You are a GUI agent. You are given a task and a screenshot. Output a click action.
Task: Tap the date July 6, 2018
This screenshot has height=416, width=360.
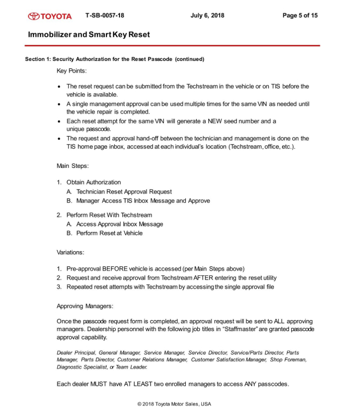pyautogui.click(x=208, y=15)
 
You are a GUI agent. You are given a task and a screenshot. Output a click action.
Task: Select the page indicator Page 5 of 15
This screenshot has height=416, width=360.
pyautogui.click(x=300, y=15)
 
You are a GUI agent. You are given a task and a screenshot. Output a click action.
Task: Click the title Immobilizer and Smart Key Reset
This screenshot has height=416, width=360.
pyautogui.click(x=89, y=34)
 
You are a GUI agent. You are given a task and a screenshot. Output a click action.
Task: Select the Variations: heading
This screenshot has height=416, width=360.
pyautogui.click(x=70, y=252)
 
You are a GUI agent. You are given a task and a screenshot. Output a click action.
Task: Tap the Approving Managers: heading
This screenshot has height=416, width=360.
pyautogui.click(x=85, y=305)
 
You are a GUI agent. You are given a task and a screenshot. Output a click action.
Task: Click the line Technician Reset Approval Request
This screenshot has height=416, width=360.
pyautogui.click(x=124, y=191)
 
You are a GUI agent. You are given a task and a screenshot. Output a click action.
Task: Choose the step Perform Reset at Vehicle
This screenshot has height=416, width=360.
pyautogui.click(x=109, y=233)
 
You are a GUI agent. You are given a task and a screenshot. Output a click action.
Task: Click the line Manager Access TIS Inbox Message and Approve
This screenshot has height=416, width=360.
pyautogui.click(x=143, y=200)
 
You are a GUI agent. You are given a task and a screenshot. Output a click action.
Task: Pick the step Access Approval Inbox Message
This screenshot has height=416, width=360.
pyautogui.click(x=119, y=224)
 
